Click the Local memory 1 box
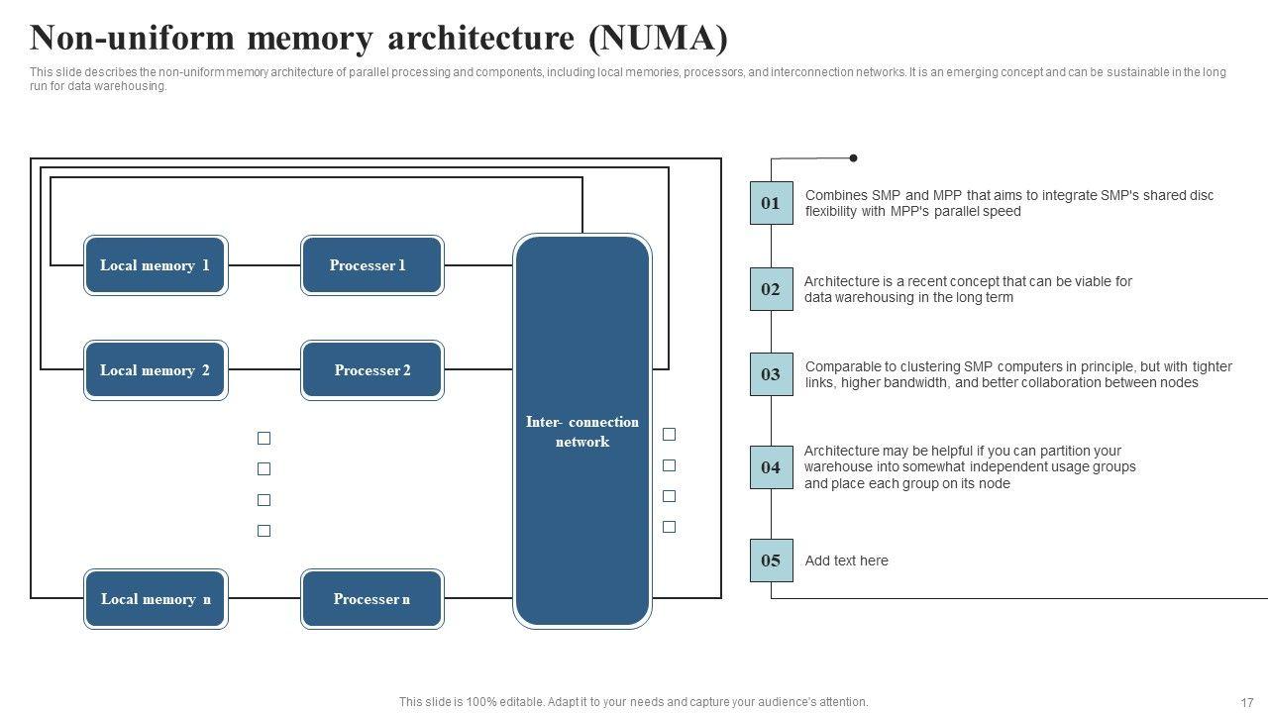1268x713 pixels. [156, 265]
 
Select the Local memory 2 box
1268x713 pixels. [156, 370]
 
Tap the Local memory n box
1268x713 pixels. [156, 599]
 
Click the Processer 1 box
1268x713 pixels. [371, 265]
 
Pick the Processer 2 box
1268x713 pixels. [371, 370]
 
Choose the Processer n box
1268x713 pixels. [371, 599]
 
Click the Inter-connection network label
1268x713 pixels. [582, 432]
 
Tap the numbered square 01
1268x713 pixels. [771, 203]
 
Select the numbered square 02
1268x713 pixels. [771, 289]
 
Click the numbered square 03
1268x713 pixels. [771, 374]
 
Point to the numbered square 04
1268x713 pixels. [771, 467]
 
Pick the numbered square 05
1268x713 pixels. [771, 560]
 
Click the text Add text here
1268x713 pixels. [846, 560]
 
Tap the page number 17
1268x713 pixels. [1247, 702]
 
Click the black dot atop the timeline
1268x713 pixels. [853, 157]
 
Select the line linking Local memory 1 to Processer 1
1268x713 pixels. [264, 265]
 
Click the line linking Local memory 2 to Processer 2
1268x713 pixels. [264, 370]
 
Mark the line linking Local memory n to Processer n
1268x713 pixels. [264, 599]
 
